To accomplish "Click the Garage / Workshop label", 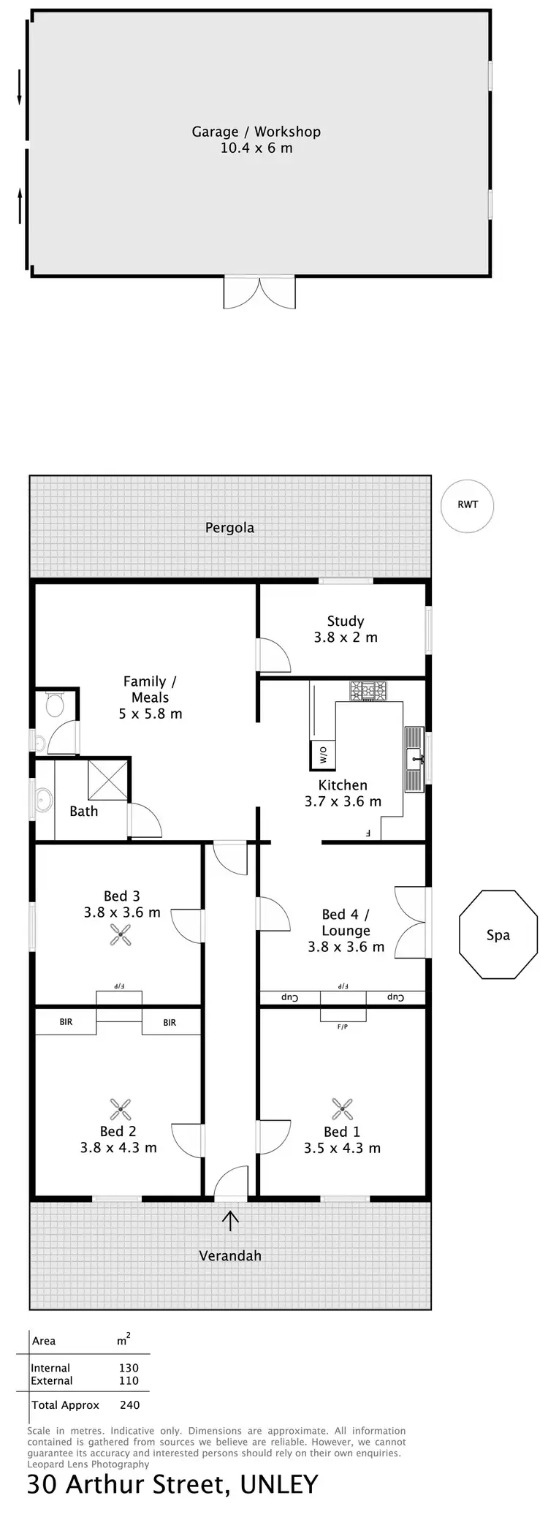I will point(256,132).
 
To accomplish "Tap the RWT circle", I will point(468,505).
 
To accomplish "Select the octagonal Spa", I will point(498,934).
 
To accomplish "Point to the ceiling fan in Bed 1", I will point(342,1108).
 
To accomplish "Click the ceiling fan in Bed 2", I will point(121,1109).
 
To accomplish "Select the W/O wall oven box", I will point(323,753).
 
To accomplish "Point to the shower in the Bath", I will point(108,780).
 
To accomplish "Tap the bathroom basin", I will point(44,799).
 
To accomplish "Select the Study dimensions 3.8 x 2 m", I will point(346,637).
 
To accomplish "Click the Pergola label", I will point(229,528).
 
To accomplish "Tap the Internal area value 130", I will point(129,1367).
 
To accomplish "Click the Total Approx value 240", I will point(129,1404).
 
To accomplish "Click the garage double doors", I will point(259,292).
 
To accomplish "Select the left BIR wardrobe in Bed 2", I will point(66,1022).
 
